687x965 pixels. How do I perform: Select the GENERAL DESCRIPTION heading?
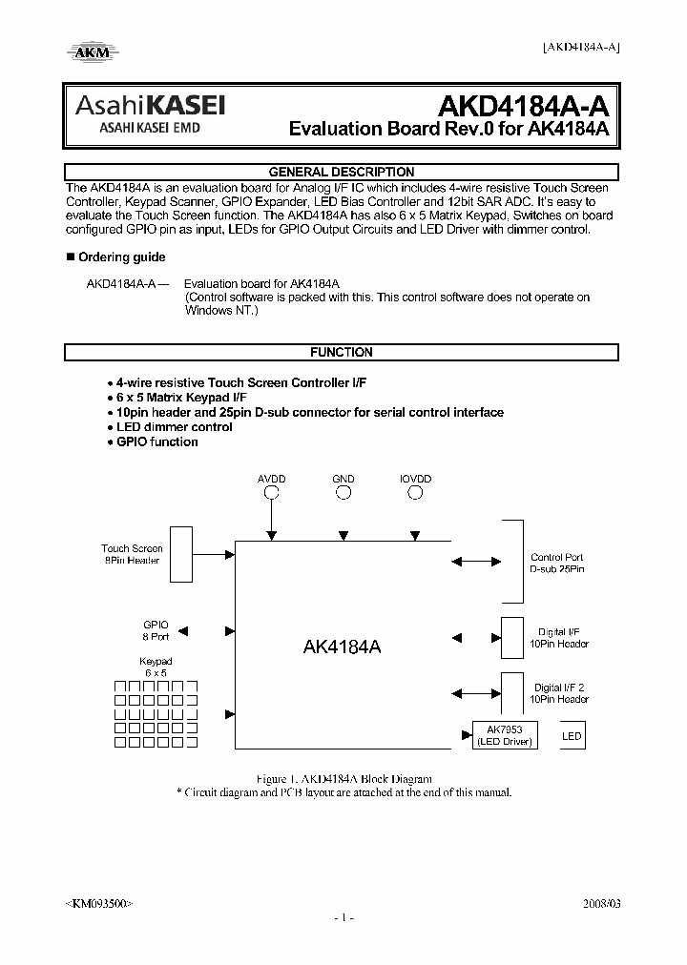pos(342,173)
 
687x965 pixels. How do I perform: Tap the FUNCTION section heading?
pos(342,352)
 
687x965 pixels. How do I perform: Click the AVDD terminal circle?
pos(272,493)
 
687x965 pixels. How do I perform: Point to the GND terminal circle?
pos(343,493)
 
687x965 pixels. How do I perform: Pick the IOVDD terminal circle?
pos(415,493)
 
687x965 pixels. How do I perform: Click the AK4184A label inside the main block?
pos(342,647)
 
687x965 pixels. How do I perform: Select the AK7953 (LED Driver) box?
pos(505,735)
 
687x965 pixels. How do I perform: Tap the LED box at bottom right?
pos(572,736)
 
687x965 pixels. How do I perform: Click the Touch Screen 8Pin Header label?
pos(132,554)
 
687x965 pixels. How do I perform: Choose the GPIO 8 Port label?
pos(156,630)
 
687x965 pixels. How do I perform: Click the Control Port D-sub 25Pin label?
pos(557,563)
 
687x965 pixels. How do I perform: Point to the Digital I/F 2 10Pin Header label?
pos(561,693)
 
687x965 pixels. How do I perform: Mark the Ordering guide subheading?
pos(121,257)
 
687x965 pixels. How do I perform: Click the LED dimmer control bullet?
pos(174,426)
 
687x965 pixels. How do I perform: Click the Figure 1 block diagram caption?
pos(343,779)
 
